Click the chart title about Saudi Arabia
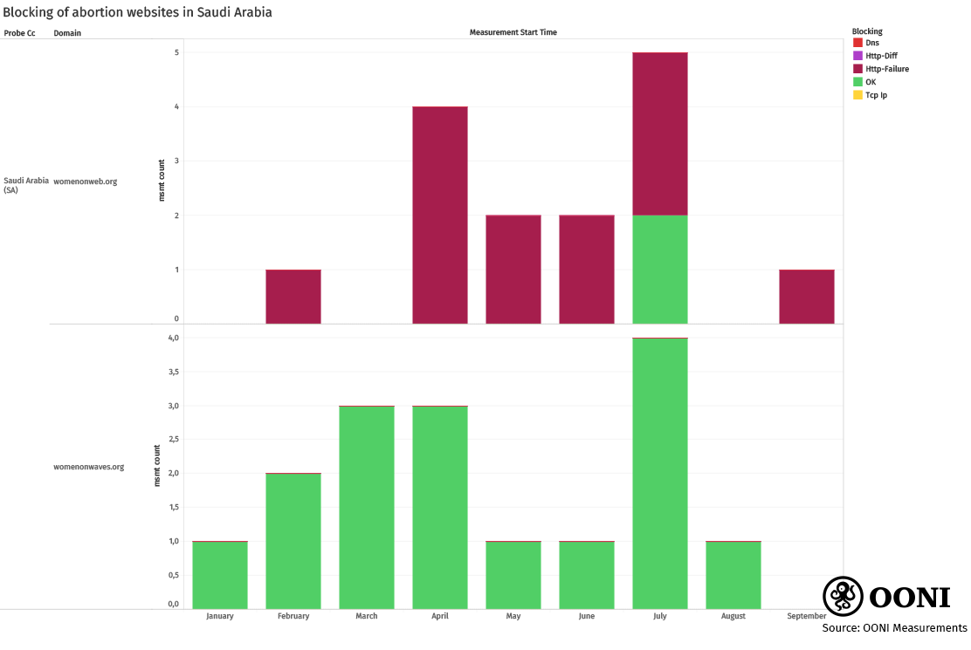click(137, 12)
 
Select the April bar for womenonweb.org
click(440, 215)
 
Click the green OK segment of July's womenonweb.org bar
click(660, 269)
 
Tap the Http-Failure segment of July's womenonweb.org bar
click(660, 133)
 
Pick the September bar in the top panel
click(807, 297)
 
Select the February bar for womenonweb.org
click(293, 297)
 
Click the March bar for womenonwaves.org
click(367, 507)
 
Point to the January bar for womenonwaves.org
click(220, 575)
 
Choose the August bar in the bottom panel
click(733, 575)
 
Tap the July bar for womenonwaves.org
click(660, 473)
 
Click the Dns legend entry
click(871, 43)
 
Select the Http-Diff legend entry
click(880, 56)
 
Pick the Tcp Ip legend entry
click(875, 95)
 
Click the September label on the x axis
click(806, 616)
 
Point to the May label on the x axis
click(513, 616)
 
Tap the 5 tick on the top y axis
click(176, 52)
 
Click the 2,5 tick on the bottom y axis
click(173, 439)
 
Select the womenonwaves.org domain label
click(89, 467)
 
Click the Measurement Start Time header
click(513, 32)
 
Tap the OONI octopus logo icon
click(843, 596)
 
